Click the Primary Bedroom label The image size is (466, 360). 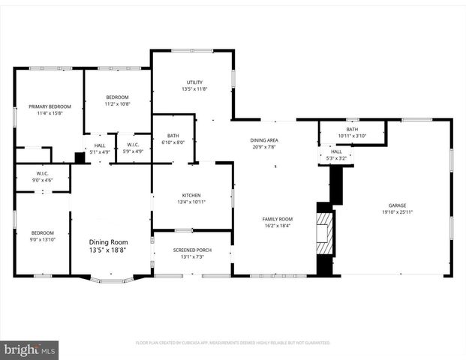(45, 106)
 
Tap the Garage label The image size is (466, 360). (397, 205)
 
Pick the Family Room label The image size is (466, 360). (278, 219)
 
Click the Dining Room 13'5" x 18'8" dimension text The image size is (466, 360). (109, 250)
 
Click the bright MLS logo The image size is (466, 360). (29, 349)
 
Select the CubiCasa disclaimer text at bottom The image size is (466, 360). (233, 342)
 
